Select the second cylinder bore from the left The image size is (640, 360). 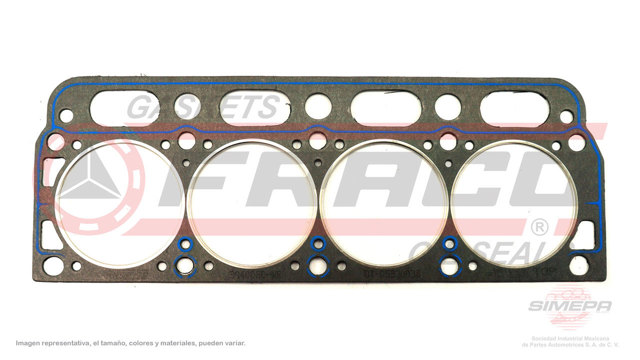pyautogui.click(x=253, y=202)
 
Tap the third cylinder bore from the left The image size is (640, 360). pyautogui.click(x=383, y=202)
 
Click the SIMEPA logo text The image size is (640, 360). pyautogui.click(x=569, y=306)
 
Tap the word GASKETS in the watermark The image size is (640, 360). pyautogui.click(x=202, y=107)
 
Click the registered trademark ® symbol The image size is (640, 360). pyautogui.click(x=538, y=227)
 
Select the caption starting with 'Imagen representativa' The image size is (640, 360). pyautogui.click(x=130, y=343)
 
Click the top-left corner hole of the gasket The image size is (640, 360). pyautogui.click(x=66, y=116)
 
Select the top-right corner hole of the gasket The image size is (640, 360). pyautogui.click(x=566, y=116)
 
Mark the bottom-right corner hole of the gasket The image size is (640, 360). pyautogui.click(x=579, y=265)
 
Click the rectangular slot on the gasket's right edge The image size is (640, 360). pyautogui.click(x=583, y=235)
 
